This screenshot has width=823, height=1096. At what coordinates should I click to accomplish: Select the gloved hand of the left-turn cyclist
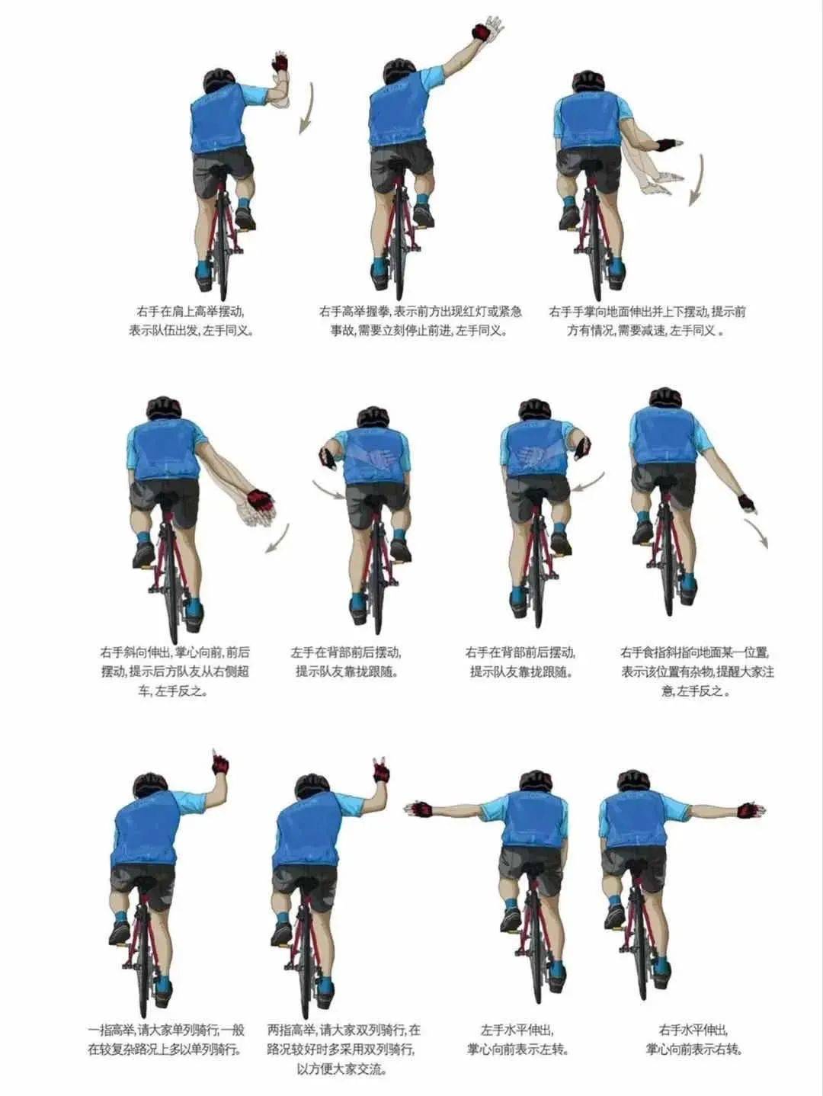[418, 808]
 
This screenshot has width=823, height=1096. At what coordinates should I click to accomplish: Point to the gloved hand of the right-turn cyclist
[752, 809]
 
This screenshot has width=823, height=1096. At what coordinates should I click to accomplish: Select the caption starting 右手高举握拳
[421, 322]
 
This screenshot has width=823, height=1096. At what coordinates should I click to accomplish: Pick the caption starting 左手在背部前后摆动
[347, 662]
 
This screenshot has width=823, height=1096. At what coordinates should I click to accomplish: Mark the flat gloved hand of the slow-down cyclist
[668, 146]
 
